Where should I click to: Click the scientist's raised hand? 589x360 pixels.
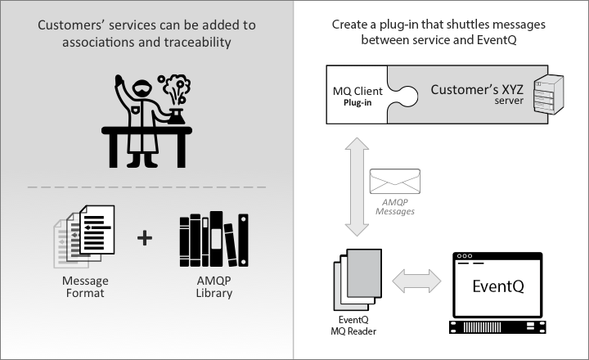pos(119,81)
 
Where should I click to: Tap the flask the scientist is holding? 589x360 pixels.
pos(177,116)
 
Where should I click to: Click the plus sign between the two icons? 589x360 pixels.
pos(145,238)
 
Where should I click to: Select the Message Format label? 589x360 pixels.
pos(85,286)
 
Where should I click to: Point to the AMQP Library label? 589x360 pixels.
pos(214,286)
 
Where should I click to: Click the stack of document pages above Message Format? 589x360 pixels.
pos(84,236)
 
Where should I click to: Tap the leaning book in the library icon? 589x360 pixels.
pos(230,245)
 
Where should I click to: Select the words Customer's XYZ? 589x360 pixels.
pos(477,89)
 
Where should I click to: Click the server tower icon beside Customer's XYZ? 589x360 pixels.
pos(548,94)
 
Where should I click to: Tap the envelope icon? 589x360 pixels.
pos(395,181)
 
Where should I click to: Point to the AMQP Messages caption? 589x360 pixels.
pos(395,207)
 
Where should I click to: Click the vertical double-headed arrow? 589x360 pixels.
pos(357,187)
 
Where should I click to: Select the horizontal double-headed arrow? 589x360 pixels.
pos(416,281)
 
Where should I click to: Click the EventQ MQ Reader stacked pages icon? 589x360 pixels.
pos(357,279)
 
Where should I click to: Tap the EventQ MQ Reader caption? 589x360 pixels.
pos(353,326)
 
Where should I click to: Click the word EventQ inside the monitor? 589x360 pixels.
pos(498,286)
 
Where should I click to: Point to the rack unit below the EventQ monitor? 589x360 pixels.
pos(497,327)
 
